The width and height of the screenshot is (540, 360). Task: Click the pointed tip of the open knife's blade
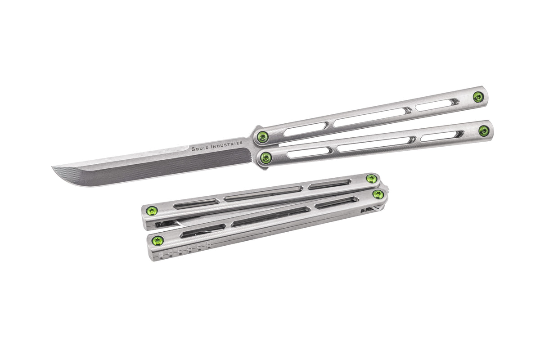point(52,166)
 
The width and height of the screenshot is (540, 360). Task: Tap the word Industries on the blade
point(227,145)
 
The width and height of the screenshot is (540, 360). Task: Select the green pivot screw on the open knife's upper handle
point(262,137)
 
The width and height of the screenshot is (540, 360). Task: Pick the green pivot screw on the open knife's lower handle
point(266,157)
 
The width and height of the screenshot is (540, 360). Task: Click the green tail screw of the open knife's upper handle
point(478,97)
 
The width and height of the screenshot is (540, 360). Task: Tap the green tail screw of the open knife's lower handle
point(484,131)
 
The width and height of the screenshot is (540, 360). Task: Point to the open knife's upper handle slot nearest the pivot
point(306,129)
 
